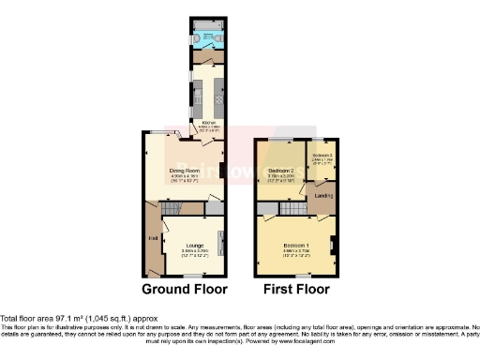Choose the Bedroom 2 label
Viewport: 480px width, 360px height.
[x=284, y=170]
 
